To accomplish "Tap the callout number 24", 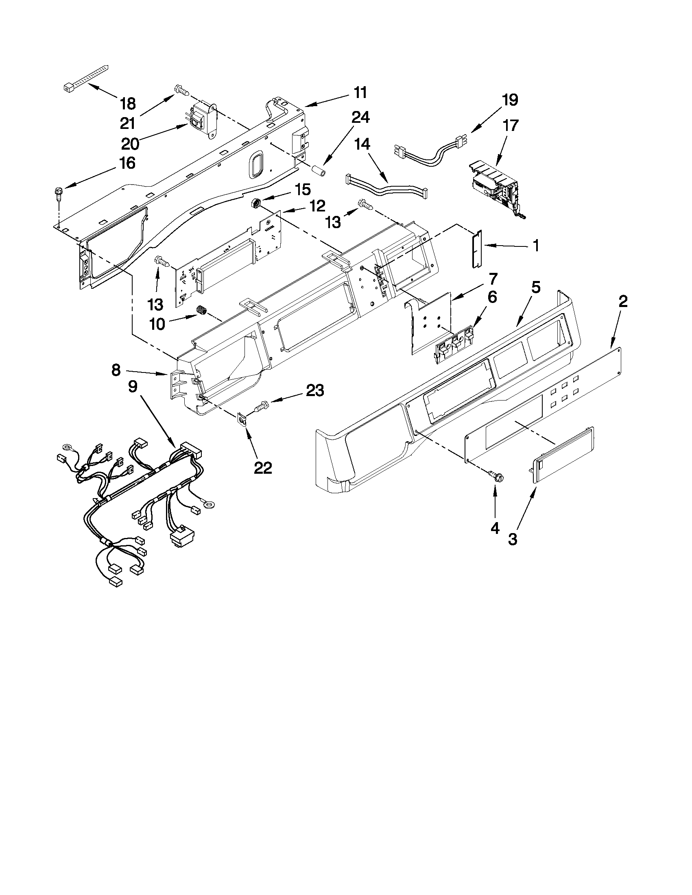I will pyautogui.click(x=360, y=118).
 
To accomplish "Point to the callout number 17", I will pyautogui.click(x=511, y=125).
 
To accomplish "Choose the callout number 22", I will pyautogui.click(x=263, y=468).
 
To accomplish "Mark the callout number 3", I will pyautogui.click(x=513, y=539).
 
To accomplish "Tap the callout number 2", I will pyautogui.click(x=622, y=303).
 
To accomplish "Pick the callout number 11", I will pyautogui.click(x=360, y=93).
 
